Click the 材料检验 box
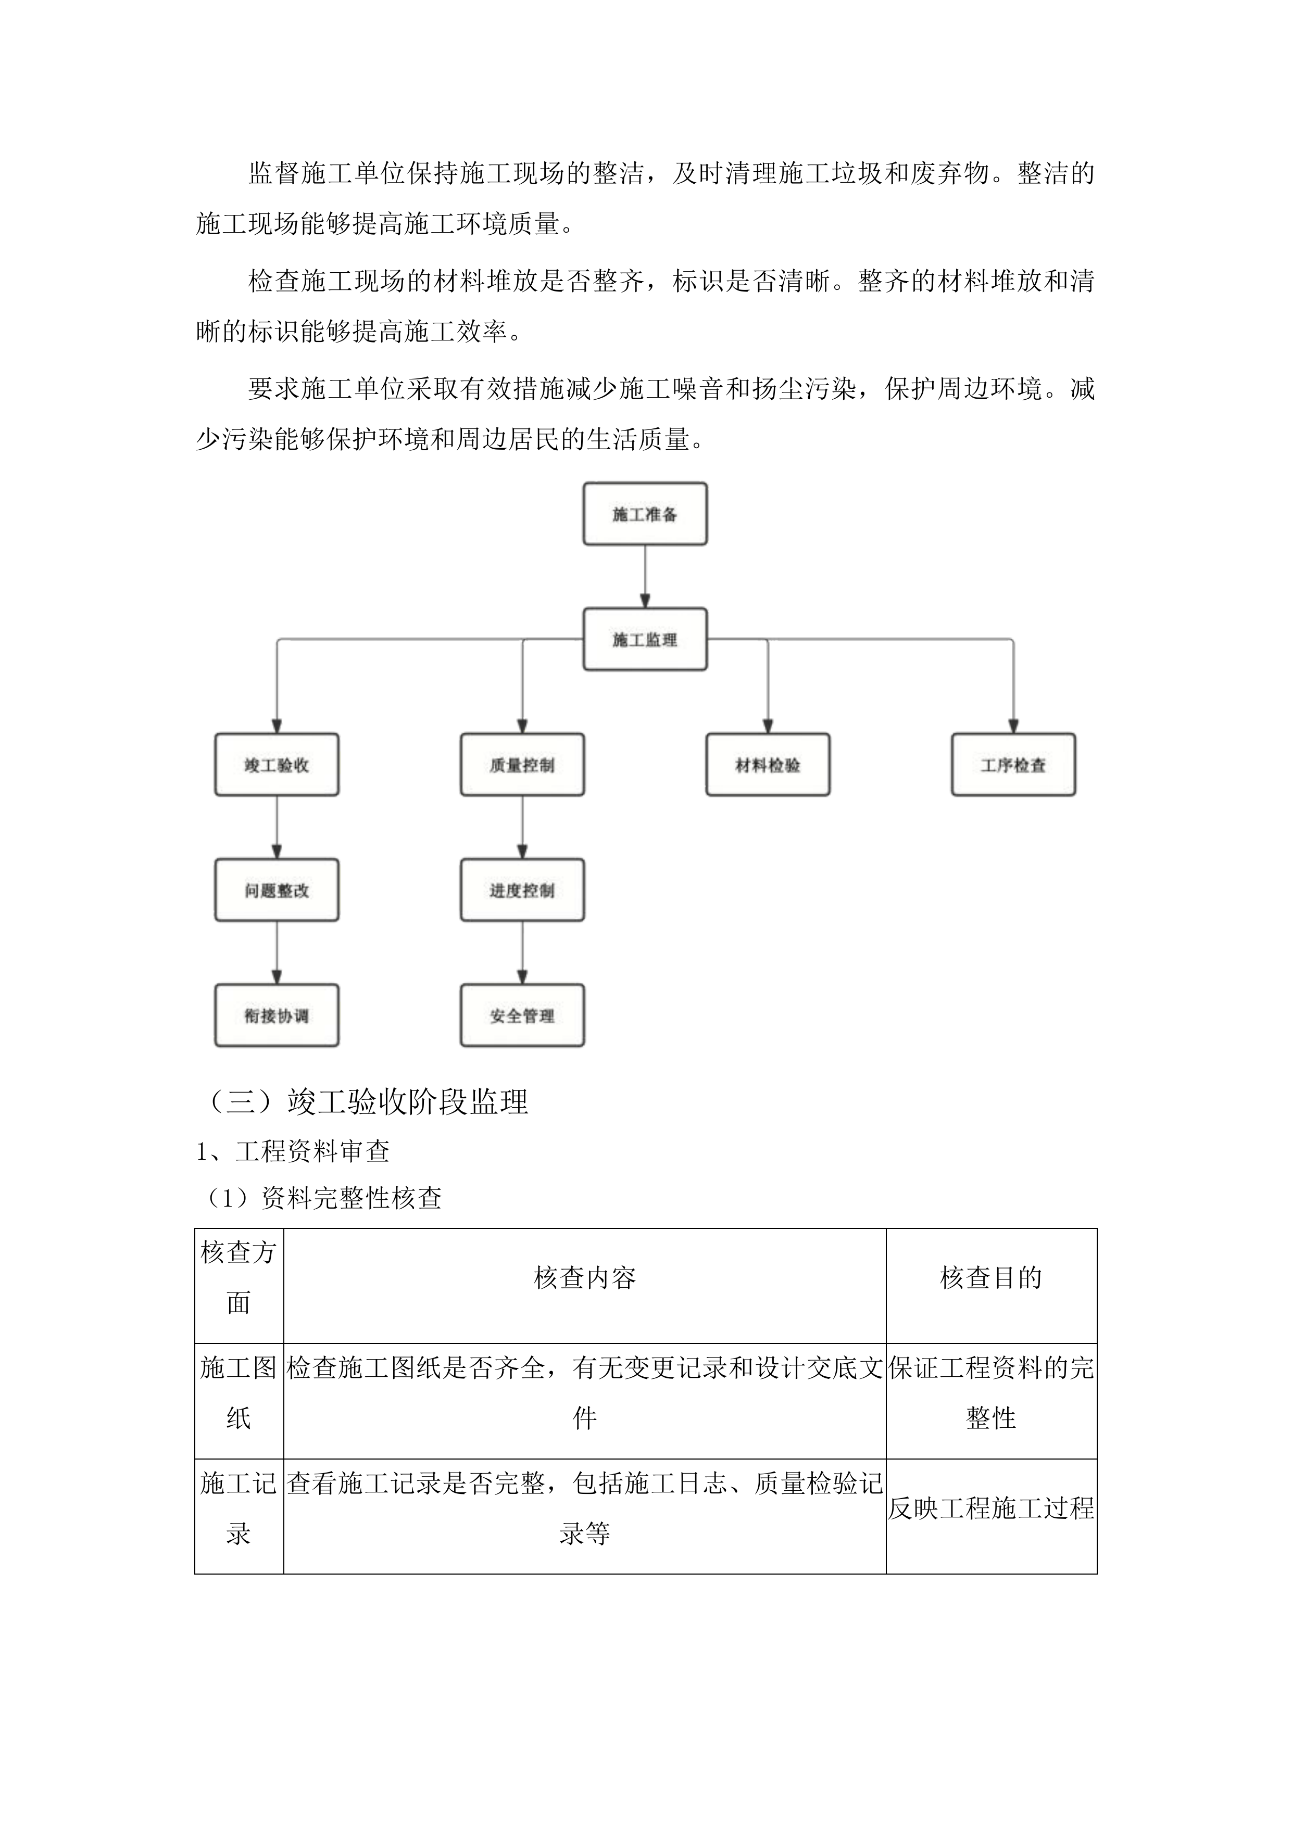(x=767, y=765)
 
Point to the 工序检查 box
(x=1013, y=765)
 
